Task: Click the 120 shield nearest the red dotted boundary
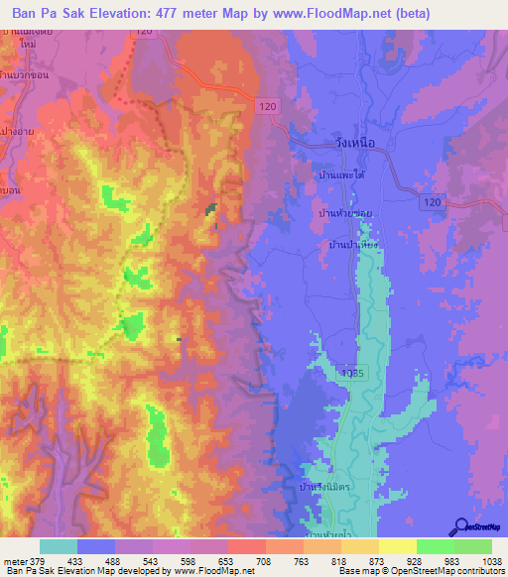[146, 32]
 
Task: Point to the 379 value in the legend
[39, 560]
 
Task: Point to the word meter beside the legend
[14, 560]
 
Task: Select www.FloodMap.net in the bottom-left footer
[207, 572]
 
